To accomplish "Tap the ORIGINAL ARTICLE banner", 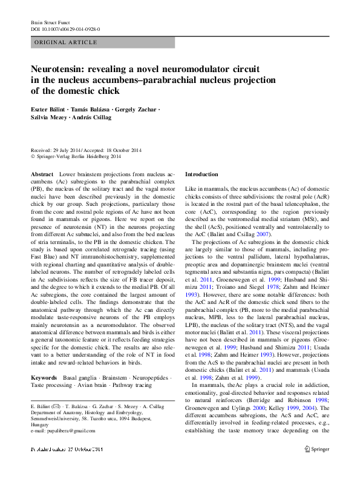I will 102,42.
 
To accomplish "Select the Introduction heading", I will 201,174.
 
